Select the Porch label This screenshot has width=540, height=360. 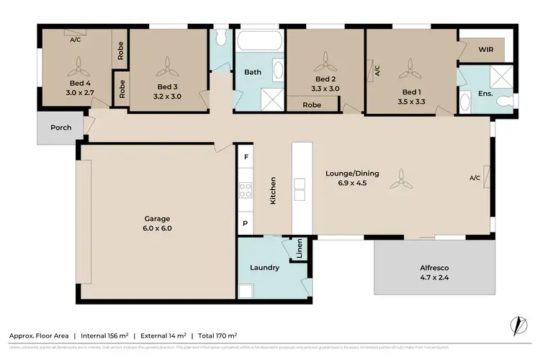point(60,127)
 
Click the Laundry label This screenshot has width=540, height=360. point(264,268)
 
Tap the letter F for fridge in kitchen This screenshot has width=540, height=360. point(246,157)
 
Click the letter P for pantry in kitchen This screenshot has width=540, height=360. point(246,224)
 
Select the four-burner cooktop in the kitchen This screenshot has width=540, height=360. point(246,191)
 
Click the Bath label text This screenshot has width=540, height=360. point(252,72)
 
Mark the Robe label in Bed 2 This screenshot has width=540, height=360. point(312,105)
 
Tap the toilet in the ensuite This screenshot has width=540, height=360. point(508,96)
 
